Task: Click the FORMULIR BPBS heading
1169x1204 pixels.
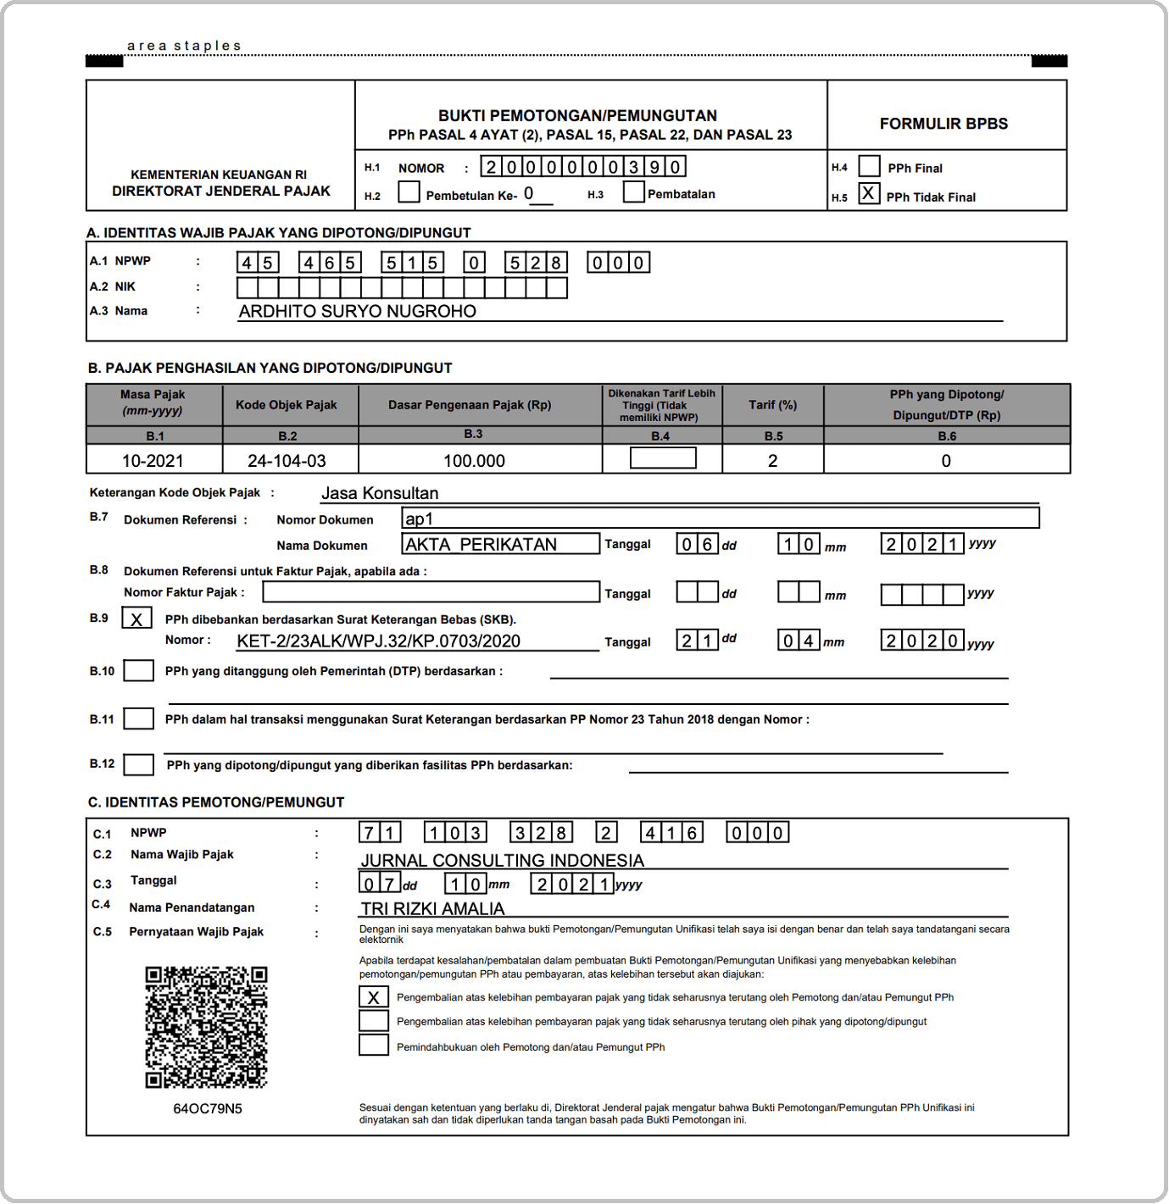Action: coord(944,124)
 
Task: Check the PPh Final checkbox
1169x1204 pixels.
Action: coord(869,166)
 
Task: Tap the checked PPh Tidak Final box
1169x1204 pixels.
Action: coord(868,194)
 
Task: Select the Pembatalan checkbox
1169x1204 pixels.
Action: coord(633,192)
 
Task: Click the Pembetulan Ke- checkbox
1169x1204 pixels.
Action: coord(409,192)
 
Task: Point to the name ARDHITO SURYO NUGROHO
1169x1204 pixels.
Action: coord(357,312)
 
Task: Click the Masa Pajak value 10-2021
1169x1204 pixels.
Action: coord(153,461)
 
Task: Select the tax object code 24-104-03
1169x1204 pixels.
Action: coord(287,461)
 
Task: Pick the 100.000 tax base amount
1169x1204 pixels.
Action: coord(474,461)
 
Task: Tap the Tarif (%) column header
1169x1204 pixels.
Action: coord(772,405)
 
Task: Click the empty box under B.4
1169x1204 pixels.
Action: coord(663,458)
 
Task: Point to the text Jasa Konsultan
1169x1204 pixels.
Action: coord(380,493)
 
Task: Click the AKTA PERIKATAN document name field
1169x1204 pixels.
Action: coord(500,544)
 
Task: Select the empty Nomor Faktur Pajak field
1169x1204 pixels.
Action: coord(431,591)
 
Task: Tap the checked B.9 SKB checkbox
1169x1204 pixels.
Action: coord(137,619)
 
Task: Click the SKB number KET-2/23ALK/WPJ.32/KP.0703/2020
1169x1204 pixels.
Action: coord(378,641)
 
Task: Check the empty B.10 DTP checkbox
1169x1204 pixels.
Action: coord(138,671)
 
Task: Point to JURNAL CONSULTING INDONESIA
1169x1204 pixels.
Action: coord(503,861)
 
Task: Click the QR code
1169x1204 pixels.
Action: coord(206,1027)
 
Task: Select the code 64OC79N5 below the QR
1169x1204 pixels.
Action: coord(208,1109)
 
